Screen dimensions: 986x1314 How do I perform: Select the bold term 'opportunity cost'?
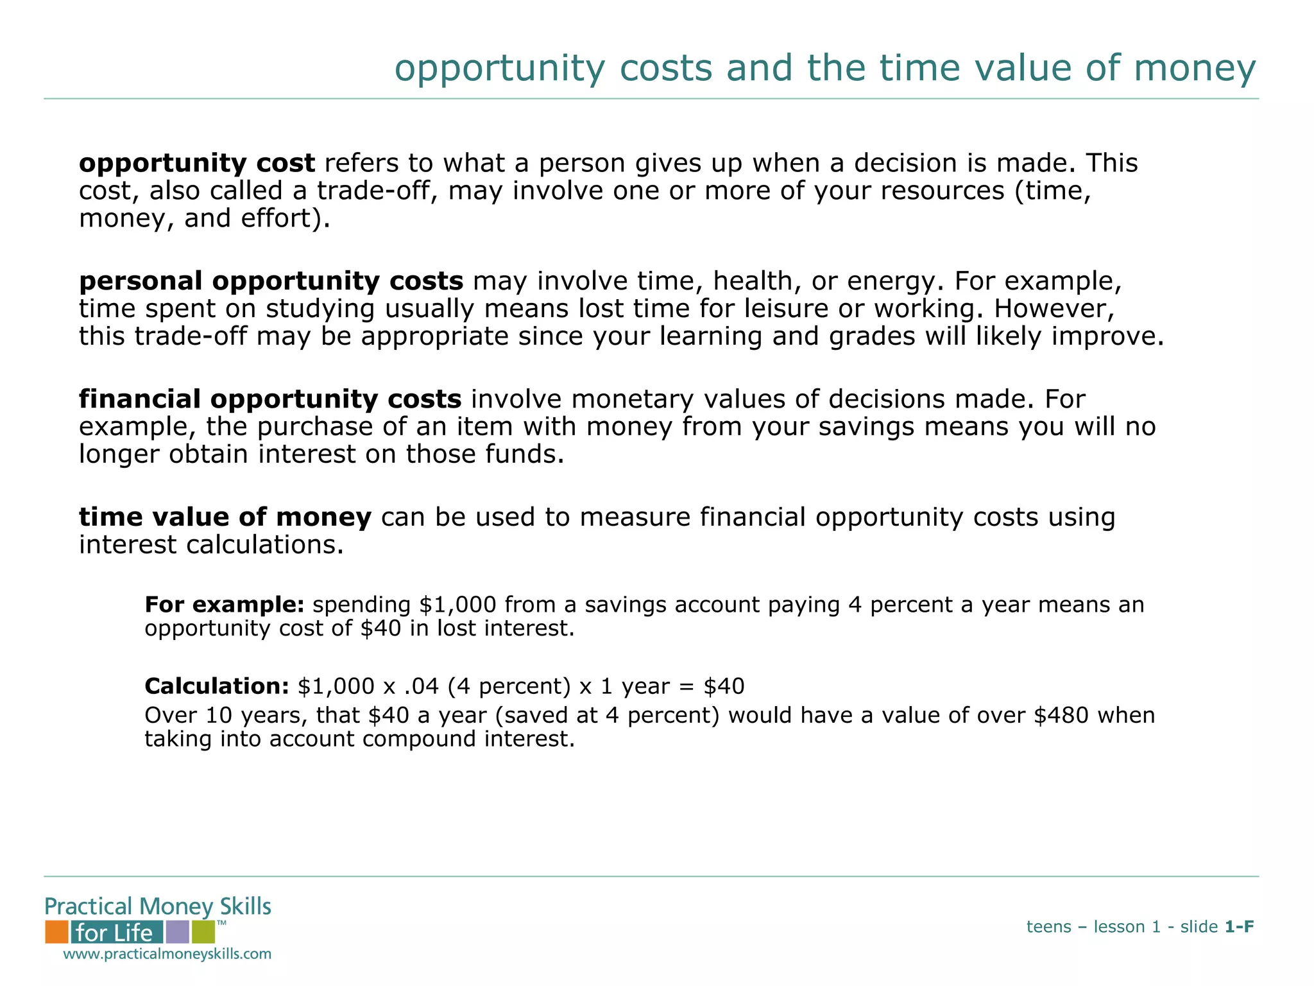[197, 164]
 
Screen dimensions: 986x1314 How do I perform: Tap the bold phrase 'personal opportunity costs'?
[271, 281]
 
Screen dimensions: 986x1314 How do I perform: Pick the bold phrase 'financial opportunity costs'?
[270, 399]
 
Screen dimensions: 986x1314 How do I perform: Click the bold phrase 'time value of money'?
[225, 517]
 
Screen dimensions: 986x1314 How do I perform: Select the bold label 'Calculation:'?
[217, 686]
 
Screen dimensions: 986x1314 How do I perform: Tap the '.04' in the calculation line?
[422, 686]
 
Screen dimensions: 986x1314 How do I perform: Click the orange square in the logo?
[56, 931]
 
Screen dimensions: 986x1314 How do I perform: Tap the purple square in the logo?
[177, 931]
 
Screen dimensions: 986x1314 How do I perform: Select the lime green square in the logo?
[203, 931]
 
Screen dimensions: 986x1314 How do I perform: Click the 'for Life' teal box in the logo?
[116, 932]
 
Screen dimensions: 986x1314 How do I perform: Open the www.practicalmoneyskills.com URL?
[167, 954]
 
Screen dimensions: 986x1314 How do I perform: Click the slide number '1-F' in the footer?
[1239, 926]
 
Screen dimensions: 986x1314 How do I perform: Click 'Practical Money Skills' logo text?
[158, 906]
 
